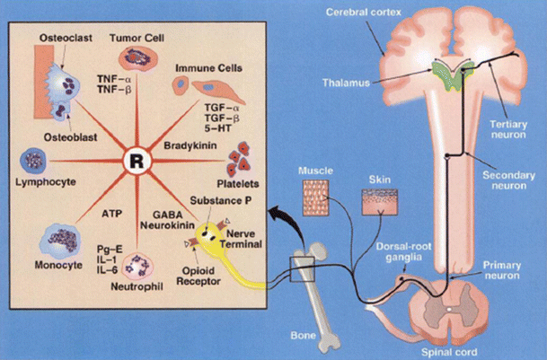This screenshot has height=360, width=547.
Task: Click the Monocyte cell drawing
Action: pyautogui.click(x=57, y=240)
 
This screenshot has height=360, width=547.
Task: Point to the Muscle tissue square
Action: pyautogui.click(x=314, y=198)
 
